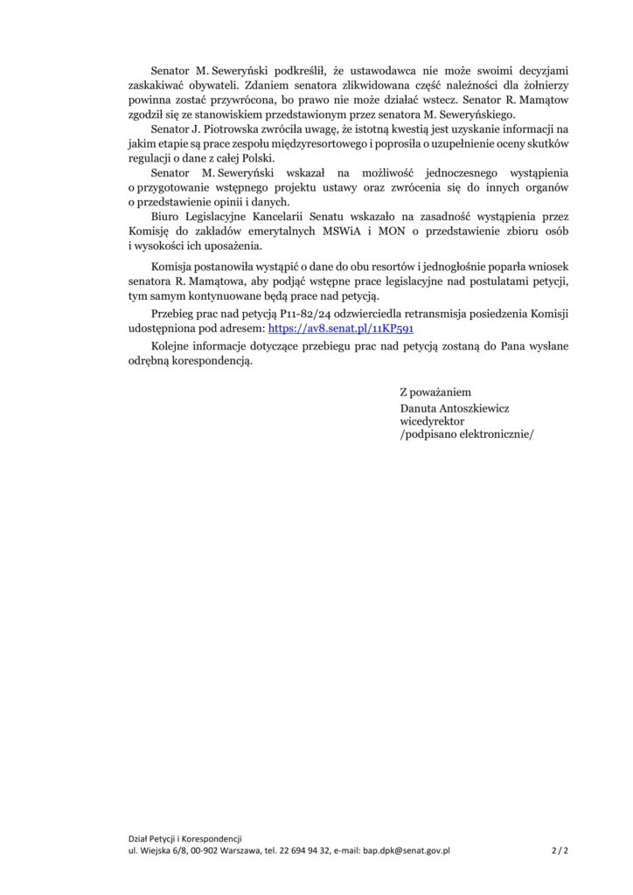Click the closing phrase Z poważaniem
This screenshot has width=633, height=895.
click(435, 392)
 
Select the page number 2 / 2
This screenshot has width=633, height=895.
click(560, 850)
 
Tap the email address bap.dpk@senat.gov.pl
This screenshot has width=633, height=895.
click(407, 850)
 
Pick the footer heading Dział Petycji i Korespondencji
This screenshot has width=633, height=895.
click(184, 838)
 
